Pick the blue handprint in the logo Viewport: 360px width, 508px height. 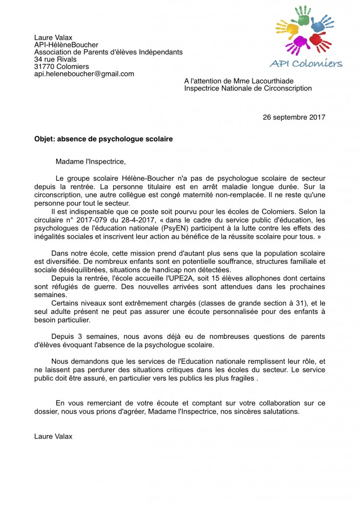point(319,23)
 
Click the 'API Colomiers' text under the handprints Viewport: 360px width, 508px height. point(306,63)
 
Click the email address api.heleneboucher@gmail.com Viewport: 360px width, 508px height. point(84,74)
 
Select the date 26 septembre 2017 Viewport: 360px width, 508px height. point(293,118)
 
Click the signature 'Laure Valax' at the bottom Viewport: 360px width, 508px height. point(53,437)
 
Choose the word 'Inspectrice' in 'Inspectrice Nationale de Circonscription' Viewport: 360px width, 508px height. point(202,88)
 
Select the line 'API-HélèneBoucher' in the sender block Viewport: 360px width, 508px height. point(66,45)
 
